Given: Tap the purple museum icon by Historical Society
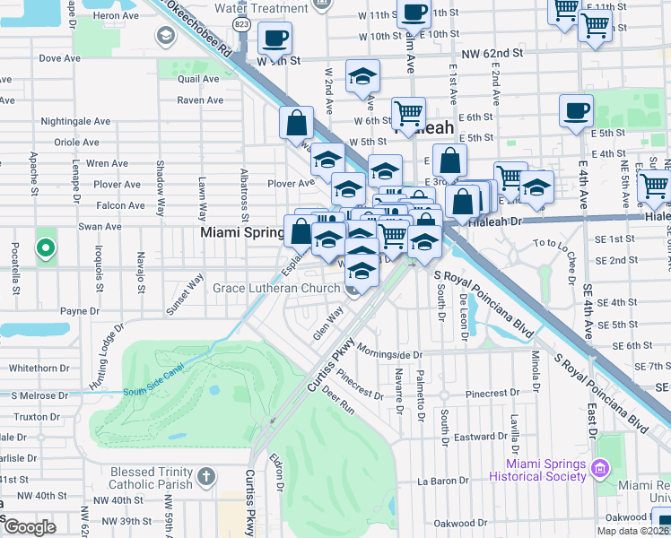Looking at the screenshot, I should click(600, 467).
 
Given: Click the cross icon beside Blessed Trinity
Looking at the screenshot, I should click(205, 474).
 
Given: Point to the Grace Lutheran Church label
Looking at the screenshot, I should click(276, 288).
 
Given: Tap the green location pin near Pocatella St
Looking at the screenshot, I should click(44, 247).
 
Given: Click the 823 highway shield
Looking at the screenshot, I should click(240, 24).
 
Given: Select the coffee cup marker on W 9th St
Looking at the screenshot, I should click(275, 39).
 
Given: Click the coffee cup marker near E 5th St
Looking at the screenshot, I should click(576, 112).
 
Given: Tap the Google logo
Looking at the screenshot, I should click(30, 527).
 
